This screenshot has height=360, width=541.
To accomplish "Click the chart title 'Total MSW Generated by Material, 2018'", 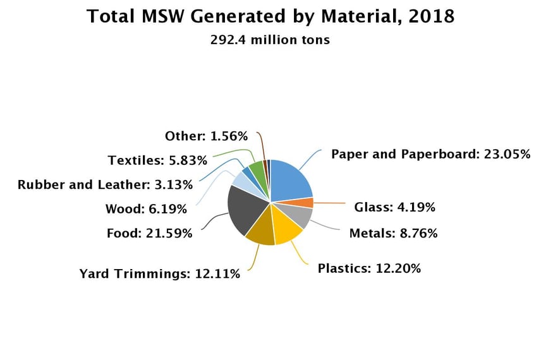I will tap(270, 16).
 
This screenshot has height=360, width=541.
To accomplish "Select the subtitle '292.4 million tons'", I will tap(270, 40).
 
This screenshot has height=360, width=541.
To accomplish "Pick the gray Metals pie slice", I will tap(300, 216).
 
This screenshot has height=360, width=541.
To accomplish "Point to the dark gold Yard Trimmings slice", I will tap(261, 234).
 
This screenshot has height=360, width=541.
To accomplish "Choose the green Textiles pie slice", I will tap(257, 169).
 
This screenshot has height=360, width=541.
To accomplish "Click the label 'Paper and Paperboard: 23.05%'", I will tap(430, 154).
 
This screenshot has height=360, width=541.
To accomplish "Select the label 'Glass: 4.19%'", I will tap(394, 207).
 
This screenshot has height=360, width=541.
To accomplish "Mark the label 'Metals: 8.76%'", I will tap(393, 234).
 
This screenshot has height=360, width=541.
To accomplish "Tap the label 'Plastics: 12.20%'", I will tap(369, 268).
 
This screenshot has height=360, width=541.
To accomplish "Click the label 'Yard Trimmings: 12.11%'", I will tap(159, 274).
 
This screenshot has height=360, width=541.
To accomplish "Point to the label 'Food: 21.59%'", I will tap(149, 234).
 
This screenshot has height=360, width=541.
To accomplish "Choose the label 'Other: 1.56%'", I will tap(206, 136).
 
